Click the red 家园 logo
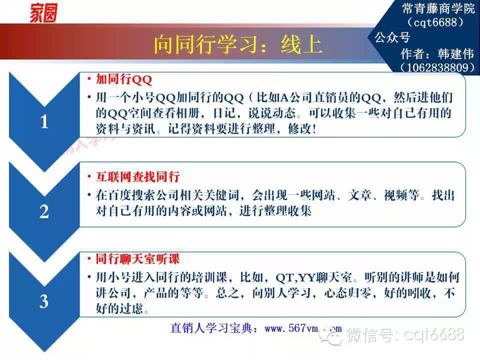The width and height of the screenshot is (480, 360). [x=43, y=13]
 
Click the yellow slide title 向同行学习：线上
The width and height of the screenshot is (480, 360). [x=237, y=44]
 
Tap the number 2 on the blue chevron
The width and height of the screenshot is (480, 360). [x=44, y=211]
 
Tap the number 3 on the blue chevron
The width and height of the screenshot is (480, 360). [x=44, y=301]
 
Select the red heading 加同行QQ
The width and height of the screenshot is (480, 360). [x=124, y=79]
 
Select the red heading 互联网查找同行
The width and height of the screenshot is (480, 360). [x=138, y=176]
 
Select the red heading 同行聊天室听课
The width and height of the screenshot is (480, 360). [x=138, y=259]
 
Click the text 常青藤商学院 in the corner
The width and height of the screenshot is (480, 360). [x=438, y=8]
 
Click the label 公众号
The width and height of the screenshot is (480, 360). [x=392, y=37]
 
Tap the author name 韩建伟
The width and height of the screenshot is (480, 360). [x=456, y=53]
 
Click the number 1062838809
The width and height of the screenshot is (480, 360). [x=438, y=67]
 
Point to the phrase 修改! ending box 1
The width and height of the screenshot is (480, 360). [x=302, y=128]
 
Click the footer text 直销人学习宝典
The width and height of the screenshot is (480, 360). [x=211, y=328]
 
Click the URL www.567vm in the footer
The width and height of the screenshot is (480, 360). [x=291, y=328]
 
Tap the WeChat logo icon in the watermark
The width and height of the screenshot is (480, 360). [x=330, y=335]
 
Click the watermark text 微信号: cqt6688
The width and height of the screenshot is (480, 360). [x=405, y=334]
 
